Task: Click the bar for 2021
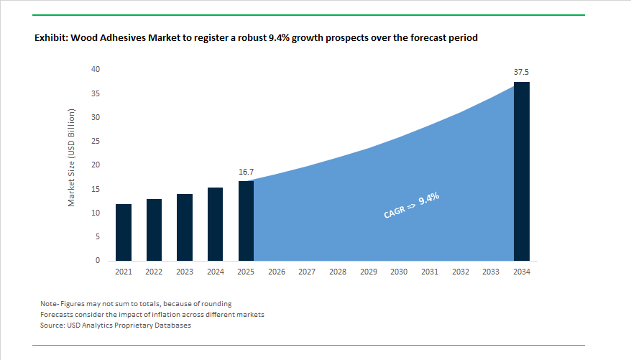coord(123,232)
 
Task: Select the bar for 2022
coord(153,229)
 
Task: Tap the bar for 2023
coord(184,227)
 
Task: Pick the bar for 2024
coord(215,223)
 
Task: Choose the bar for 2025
coord(246,221)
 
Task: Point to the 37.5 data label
coord(522,73)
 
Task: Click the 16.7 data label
coord(246,172)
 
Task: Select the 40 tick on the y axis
coord(96,70)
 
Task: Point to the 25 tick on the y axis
coord(96,142)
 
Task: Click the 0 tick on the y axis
coord(98,261)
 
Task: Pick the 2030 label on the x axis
coord(399,272)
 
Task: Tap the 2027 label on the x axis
coord(307,272)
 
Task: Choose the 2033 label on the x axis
coord(491,272)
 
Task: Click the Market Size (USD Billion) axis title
coord(72,158)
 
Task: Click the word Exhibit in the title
coord(51,37)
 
